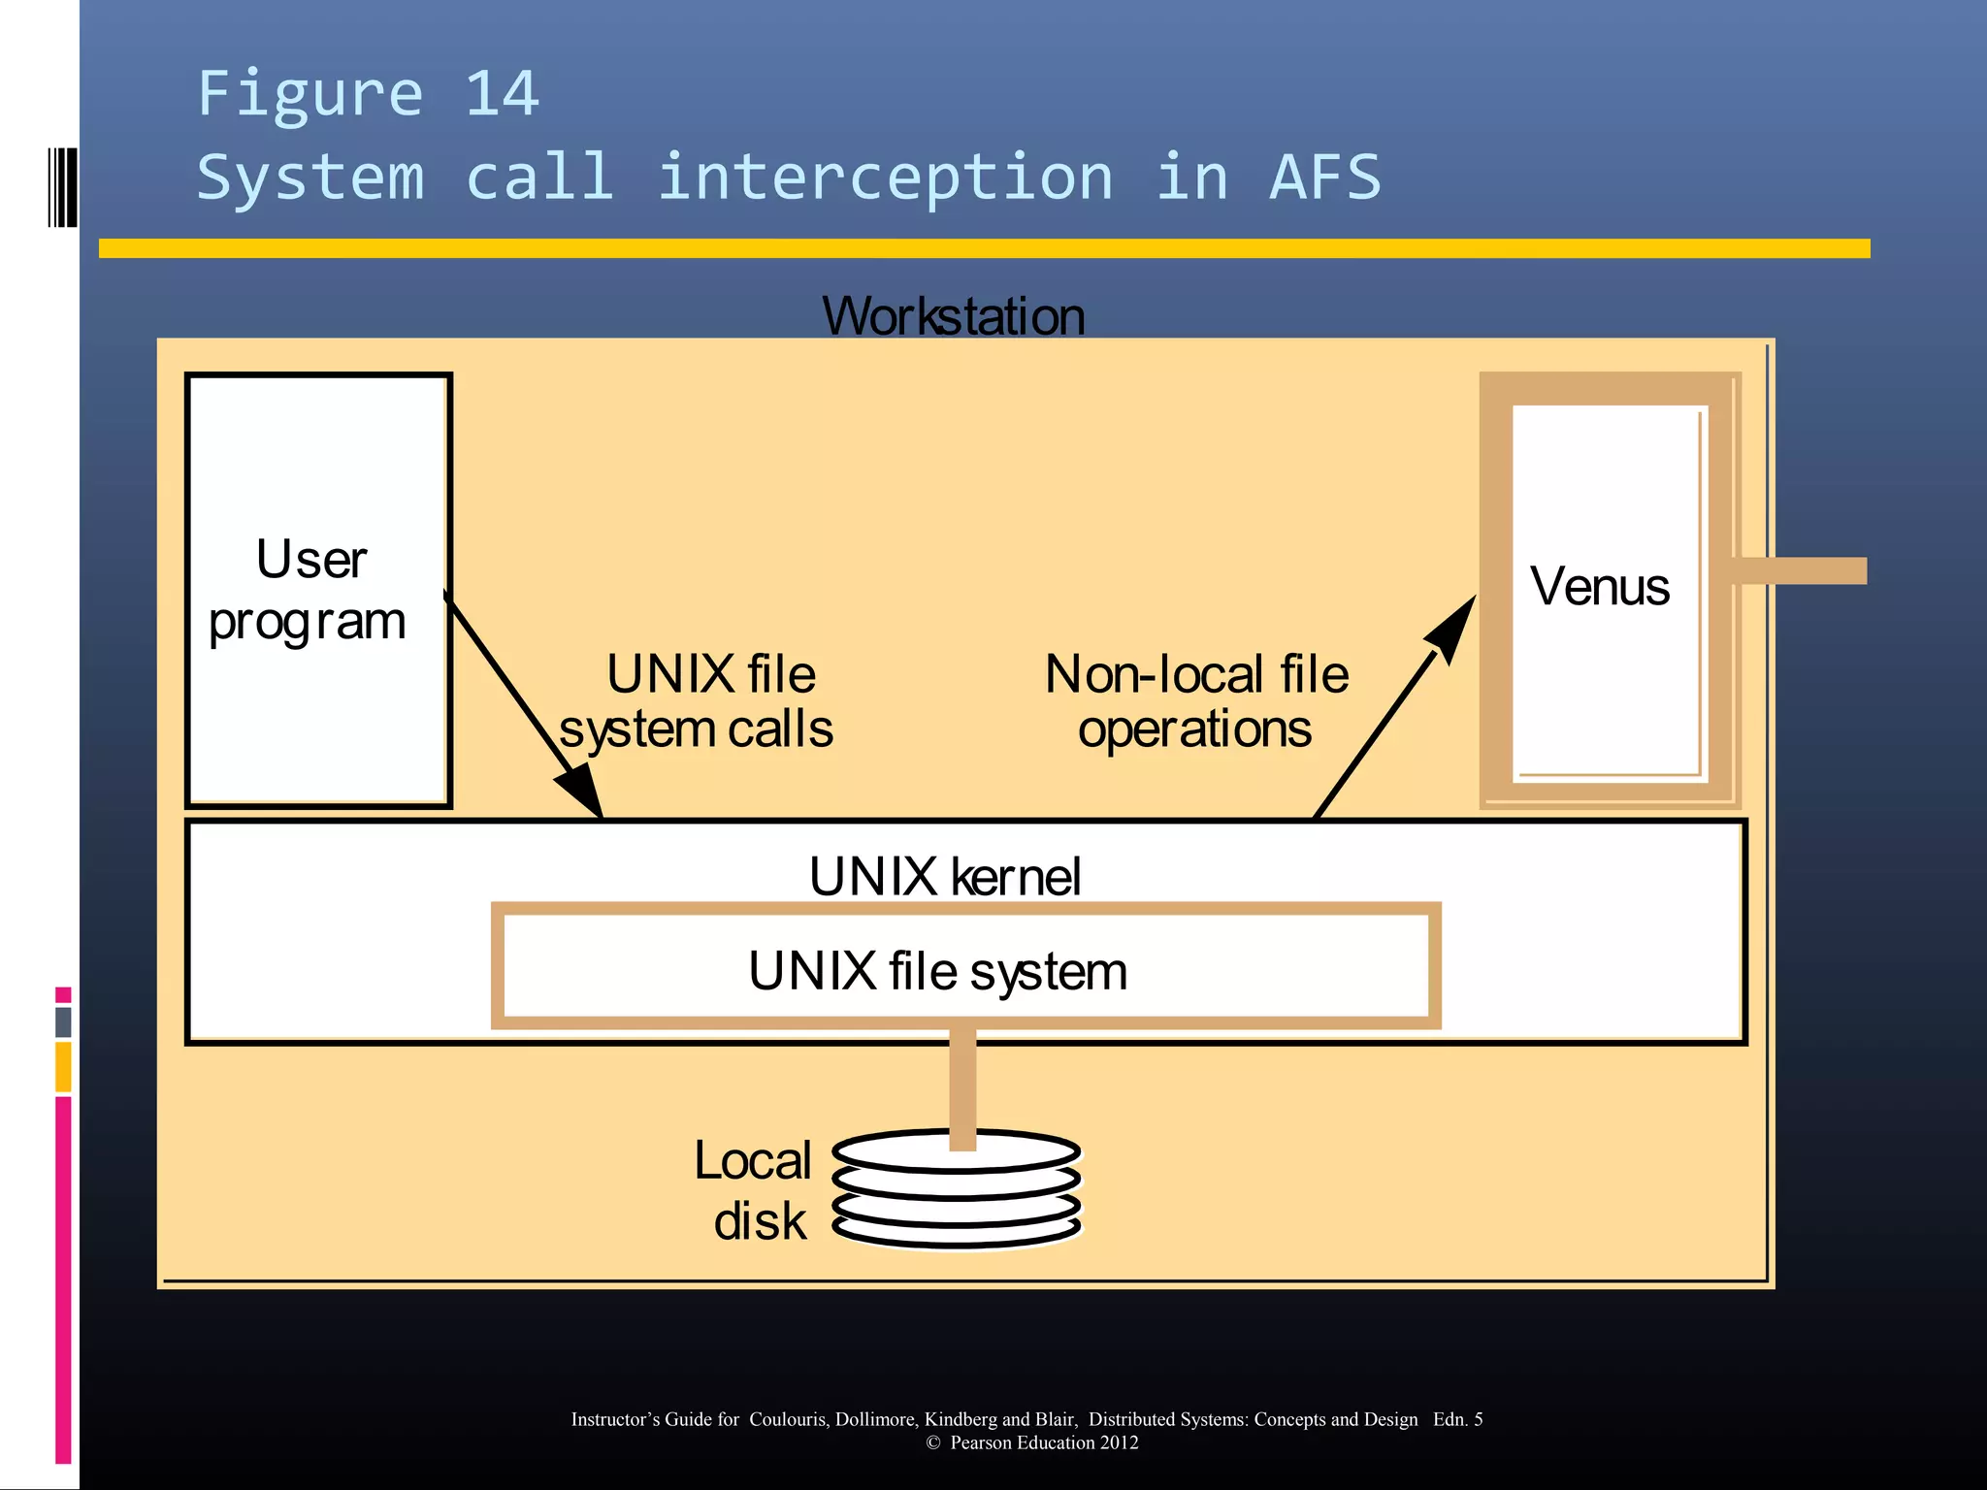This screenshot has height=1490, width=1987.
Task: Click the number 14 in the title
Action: tap(502, 94)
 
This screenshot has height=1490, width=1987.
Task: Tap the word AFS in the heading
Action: tap(1324, 178)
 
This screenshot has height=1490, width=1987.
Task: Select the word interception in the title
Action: tap(884, 178)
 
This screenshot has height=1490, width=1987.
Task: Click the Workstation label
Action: tap(953, 316)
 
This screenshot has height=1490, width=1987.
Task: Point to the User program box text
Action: tap(309, 590)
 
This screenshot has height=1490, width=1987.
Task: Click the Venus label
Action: tap(1599, 587)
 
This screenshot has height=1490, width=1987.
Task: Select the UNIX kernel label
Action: tap(944, 877)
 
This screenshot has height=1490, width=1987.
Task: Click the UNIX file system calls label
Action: tap(698, 701)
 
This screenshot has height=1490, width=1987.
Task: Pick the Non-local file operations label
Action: tap(1195, 701)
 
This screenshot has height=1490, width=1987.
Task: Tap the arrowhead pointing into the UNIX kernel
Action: tap(580, 790)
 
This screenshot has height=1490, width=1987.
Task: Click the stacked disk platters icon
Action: tap(956, 1191)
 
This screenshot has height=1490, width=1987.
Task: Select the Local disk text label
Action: tap(755, 1190)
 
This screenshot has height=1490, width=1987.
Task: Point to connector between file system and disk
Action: tap(962, 1085)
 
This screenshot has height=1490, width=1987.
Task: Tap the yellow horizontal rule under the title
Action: tap(984, 248)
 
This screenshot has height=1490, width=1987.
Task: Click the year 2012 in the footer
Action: tap(1119, 1442)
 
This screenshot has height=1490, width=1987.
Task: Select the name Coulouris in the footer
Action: tap(787, 1419)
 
